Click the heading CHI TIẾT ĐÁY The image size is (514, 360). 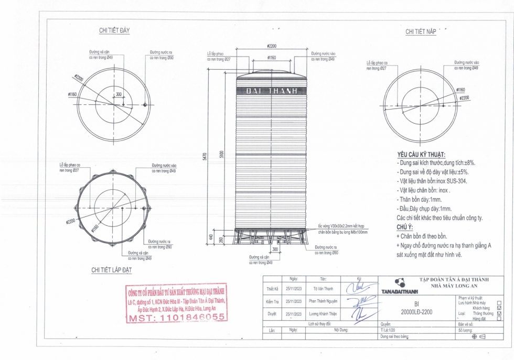pos(114,30)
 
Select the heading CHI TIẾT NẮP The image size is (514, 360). pos(421,32)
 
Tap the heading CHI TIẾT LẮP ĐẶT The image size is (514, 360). pos(111,270)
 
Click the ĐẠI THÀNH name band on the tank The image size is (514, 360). pos(272,91)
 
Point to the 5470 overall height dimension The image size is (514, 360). pos(205,156)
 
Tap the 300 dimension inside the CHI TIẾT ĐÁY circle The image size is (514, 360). pos(119,95)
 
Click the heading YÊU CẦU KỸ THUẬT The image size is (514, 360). pos(421,156)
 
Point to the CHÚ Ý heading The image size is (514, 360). pos(405,227)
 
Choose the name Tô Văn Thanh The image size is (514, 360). pos(323,289)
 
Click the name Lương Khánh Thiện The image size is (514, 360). pos(323,314)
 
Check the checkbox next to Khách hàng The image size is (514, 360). pos(499,308)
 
